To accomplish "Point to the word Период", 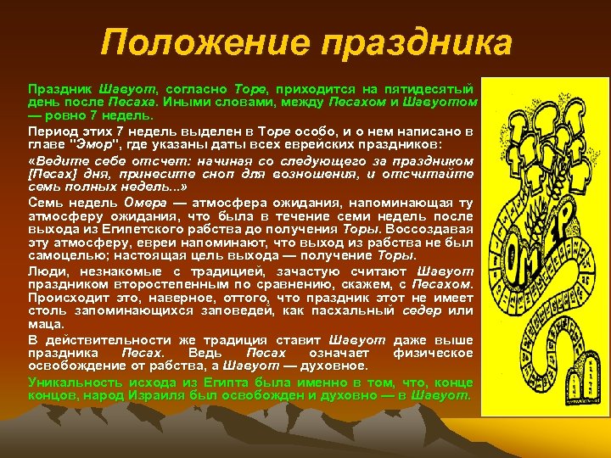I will (50, 132).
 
